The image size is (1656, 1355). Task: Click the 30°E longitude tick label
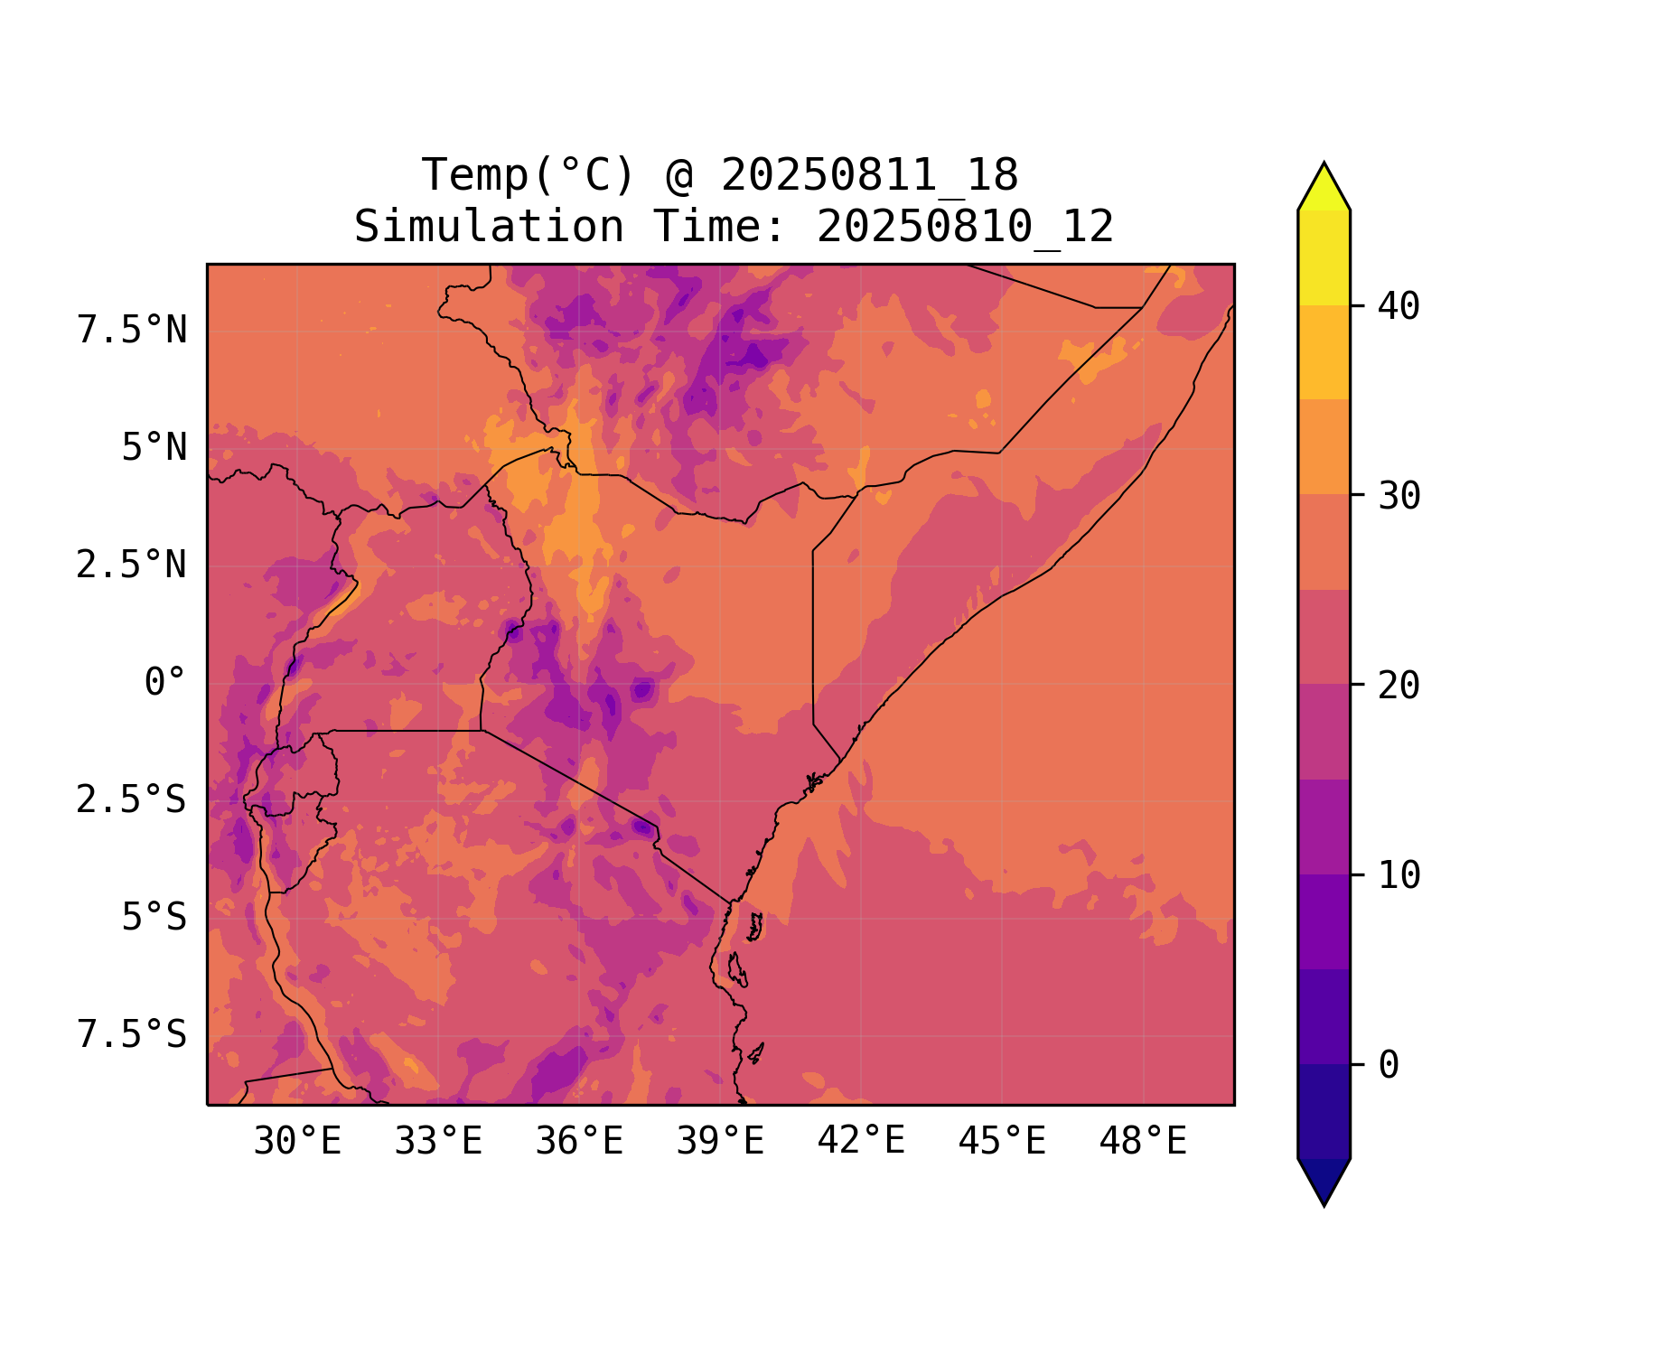point(297,1142)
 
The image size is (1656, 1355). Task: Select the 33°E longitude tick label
point(438,1142)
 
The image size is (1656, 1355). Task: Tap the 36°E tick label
point(579,1142)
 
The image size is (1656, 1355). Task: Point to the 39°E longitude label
point(720,1142)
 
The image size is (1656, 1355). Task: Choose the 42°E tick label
point(861,1141)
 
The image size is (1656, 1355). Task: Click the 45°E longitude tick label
point(1002,1142)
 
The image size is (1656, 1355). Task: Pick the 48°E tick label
point(1143,1142)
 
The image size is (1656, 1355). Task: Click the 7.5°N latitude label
point(132,331)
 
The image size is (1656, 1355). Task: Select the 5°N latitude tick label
point(154,448)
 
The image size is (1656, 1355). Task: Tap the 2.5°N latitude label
point(132,565)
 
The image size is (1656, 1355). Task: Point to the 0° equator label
point(165,683)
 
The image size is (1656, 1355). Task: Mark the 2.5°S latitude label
point(132,800)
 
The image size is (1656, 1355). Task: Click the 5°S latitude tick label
point(154,918)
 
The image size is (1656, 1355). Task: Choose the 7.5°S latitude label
point(132,1035)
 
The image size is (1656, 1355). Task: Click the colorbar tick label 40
point(1399,306)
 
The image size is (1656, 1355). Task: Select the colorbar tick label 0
point(1389,1066)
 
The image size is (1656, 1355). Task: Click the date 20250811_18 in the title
point(870,175)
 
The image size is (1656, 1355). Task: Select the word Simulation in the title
point(489,227)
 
